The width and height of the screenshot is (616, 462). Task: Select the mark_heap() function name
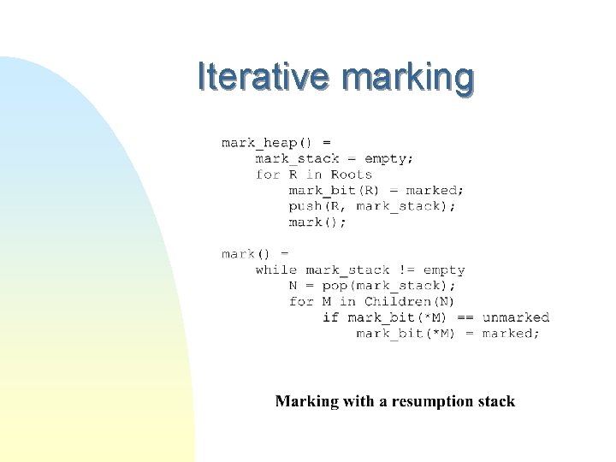click(x=268, y=142)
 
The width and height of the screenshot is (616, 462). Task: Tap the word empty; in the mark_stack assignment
click(x=388, y=158)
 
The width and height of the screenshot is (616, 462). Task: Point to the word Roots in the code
click(x=351, y=175)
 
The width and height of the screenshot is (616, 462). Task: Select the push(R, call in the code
click(x=318, y=206)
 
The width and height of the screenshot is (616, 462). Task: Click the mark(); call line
click(x=317, y=222)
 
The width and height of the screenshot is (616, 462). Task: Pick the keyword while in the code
click(x=275, y=269)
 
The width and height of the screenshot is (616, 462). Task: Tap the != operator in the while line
click(x=406, y=269)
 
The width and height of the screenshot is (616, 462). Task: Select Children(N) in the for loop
click(x=409, y=301)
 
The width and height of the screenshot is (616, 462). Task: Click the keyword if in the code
click(x=330, y=317)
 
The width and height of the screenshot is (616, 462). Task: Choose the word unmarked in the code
click(x=515, y=317)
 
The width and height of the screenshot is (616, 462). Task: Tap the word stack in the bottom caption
click(x=495, y=401)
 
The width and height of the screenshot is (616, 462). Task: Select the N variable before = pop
click(x=293, y=286)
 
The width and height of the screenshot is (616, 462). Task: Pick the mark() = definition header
click(x=255, y=254)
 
